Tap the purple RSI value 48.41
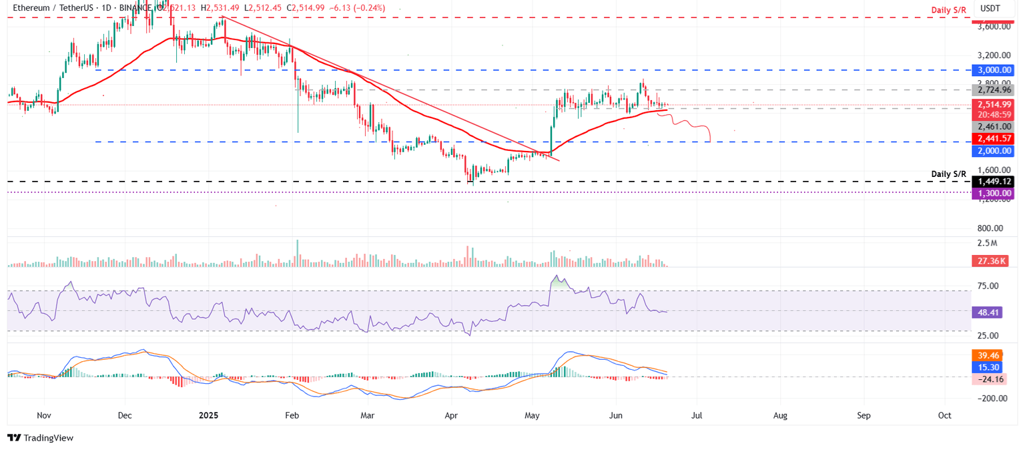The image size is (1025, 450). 989,312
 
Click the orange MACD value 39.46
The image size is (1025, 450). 989,356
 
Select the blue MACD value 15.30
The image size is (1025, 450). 989,367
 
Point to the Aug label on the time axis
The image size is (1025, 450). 780,415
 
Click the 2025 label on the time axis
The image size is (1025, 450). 210,415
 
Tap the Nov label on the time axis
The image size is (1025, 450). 44,415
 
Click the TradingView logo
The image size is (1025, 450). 41,438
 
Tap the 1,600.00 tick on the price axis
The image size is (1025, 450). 992,170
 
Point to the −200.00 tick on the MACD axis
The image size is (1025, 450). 992,399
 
